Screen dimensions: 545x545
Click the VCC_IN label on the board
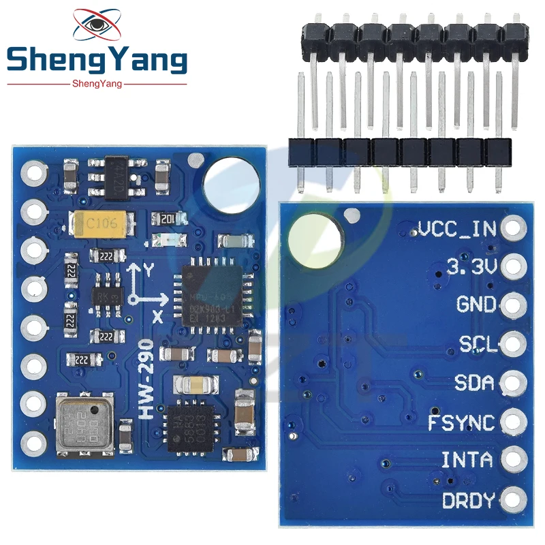[x=458, y=228]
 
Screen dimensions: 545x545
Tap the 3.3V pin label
[x=472, y=267]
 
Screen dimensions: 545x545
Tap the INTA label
[x=467, y=461]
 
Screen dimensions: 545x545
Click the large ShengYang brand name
[x=96, y=60]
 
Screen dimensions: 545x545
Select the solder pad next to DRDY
[x=513, y=501]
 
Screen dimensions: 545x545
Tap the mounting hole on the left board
[x=231, y=182]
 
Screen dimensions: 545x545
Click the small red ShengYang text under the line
[x=96, y=83]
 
